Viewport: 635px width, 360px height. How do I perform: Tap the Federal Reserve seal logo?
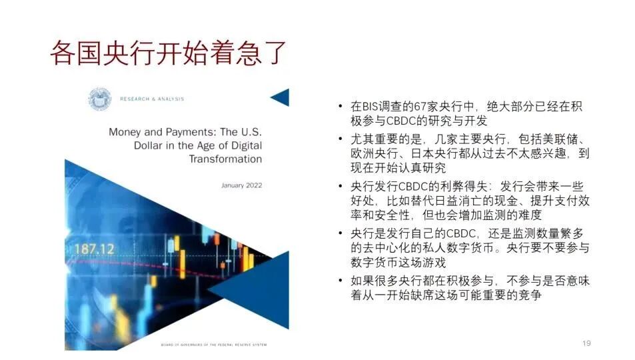[100, 99]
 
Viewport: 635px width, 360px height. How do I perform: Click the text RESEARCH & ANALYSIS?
[152, 99]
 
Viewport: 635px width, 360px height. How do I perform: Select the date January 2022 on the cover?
[242, 185]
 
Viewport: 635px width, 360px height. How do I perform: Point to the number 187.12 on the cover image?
[95, 248]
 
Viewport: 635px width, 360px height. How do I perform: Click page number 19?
[586, 343]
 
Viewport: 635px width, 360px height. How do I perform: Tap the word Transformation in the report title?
[225, 159]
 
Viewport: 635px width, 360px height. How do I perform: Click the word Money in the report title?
[126, 132]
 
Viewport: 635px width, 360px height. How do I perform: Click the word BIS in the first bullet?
[371, 107]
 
